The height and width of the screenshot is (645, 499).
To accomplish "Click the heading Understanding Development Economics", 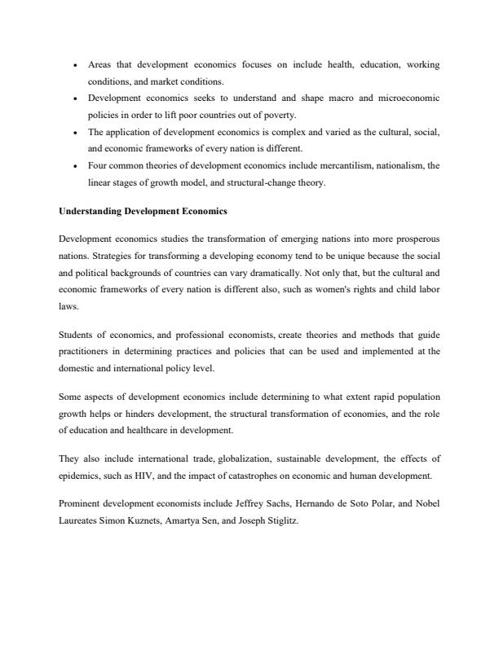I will (143, 211).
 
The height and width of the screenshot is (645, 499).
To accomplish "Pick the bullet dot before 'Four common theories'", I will (75, 165).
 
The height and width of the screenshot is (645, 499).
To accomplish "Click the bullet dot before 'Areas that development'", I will (75, 64).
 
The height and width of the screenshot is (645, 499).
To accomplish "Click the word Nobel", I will (427, 503).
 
